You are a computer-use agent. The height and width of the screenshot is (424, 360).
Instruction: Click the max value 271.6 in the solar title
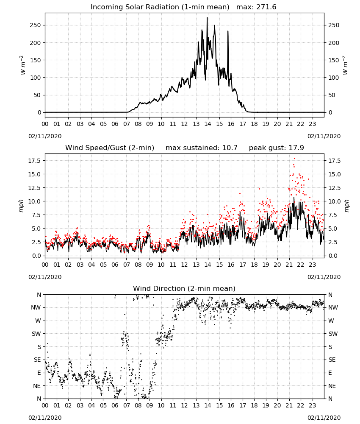pos(266,7)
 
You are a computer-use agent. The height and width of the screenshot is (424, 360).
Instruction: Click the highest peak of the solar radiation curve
pos(207,17)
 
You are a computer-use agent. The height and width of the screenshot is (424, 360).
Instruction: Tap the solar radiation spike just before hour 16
pos(228,31)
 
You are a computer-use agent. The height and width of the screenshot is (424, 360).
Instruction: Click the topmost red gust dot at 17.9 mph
pos(294,159)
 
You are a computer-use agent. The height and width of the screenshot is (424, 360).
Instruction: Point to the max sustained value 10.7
pos(230,148)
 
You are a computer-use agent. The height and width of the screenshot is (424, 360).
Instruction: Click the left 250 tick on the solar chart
pos(36,25)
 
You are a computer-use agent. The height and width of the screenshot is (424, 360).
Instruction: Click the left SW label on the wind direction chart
pos(36,334)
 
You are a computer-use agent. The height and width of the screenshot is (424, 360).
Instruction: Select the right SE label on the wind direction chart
pos(332,360)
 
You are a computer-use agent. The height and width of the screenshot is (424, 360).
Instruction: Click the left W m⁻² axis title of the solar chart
pos(23,65)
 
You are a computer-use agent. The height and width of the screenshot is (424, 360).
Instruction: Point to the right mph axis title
pos(347,206)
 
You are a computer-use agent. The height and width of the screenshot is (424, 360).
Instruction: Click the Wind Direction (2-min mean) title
pos(184,288)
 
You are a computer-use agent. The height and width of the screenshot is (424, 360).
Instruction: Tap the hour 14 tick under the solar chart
pos(208,124)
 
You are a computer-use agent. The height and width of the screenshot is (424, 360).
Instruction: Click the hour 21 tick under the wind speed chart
pos(289,265)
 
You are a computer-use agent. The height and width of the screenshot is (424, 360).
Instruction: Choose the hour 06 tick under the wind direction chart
pos(115,405)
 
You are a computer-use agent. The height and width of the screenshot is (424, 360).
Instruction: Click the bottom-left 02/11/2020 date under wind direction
pos(45,418)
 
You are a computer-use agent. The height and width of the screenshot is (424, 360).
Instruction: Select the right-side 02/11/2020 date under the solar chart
pos(324,136)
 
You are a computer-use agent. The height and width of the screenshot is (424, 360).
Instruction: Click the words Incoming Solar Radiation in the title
pos(135,7)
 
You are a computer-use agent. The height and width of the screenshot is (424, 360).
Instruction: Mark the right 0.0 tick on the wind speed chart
pos(333,256)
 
